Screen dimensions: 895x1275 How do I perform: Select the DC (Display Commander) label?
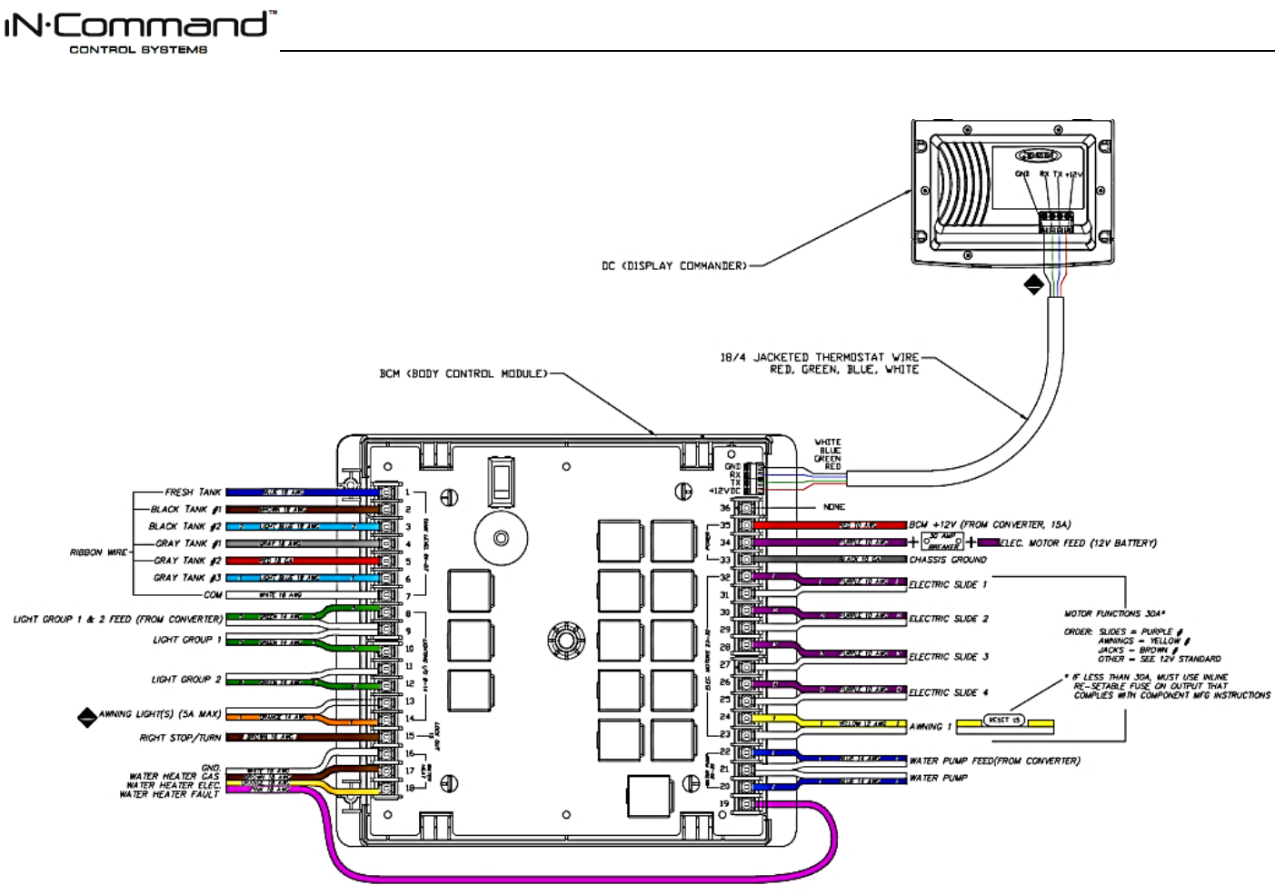click(673, 266)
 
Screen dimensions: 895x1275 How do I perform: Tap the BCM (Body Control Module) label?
click(463, 373)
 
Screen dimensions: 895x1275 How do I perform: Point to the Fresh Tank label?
click(193, 492)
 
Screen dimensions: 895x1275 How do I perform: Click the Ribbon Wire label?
click(98, 552)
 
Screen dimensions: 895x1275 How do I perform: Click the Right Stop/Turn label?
click(180, 738)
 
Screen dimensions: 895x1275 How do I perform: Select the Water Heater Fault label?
click(170, 795)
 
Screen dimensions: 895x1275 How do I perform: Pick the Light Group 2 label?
click(185, 680)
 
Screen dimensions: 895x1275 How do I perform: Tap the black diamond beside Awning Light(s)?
click(87, 718)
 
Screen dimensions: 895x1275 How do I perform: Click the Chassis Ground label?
click(948, 560)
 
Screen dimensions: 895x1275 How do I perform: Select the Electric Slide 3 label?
click(949, 657)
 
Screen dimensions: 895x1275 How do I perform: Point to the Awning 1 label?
click(931, 727)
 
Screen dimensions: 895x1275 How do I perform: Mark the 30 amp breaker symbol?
click(942, 542)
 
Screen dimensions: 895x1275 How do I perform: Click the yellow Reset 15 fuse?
click(1005, 721)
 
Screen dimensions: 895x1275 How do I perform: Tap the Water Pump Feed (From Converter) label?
click(994, 761)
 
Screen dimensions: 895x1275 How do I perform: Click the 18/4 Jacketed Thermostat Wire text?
click(820, 358)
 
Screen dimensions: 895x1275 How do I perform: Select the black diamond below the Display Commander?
click(1033, 284)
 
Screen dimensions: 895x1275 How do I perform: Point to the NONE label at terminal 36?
click(833, 507)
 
